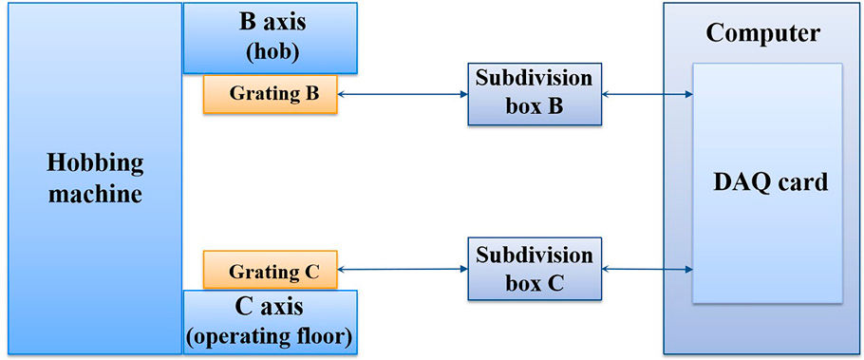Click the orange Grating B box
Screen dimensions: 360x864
pos(270,94)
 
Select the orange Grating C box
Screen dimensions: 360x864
pos(270,271)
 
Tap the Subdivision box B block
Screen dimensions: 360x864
pos(534,94)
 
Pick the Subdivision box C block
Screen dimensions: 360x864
pos(534,270)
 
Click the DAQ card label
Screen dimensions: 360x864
pos(770,181)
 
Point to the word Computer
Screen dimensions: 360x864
pos(762,33)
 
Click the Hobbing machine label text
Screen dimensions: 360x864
pos(95,179)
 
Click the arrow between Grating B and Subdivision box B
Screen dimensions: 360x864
pos(403,94)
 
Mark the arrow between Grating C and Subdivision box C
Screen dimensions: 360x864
pos(403,270)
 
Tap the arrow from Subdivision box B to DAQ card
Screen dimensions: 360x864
pos(647,94)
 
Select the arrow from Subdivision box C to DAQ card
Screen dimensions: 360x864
pos(647,270)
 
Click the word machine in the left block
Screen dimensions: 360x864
pos(95,196)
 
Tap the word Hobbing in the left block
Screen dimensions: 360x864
pos(95,162)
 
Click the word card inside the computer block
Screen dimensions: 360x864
pos(803,181)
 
